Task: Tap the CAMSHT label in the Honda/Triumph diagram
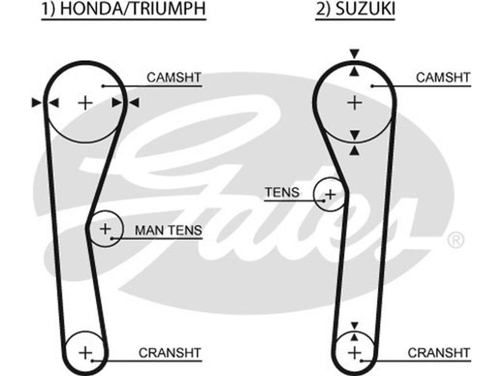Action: pos(174,78)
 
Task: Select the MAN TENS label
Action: pos(168,231)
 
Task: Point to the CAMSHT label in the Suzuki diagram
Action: pos(443,78)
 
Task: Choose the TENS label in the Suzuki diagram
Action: pos(282,192)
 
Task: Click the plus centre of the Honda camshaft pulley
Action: pos(85,102)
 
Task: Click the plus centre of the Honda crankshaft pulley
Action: pos(85,352)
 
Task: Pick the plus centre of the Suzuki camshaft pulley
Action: pos(355,101)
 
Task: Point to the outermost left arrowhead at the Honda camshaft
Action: pos(36,102)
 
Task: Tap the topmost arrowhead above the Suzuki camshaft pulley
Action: pos(355,53)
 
